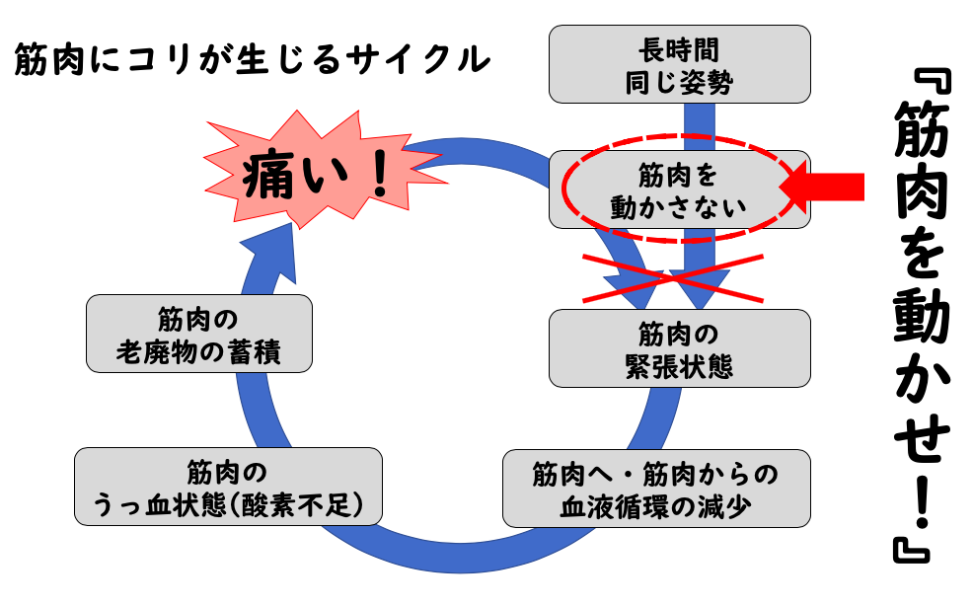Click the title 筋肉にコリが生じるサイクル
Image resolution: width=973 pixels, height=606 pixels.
point(253,61)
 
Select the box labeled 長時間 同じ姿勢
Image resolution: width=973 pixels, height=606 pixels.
point(679,64)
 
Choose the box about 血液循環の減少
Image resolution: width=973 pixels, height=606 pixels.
point(656,490)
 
